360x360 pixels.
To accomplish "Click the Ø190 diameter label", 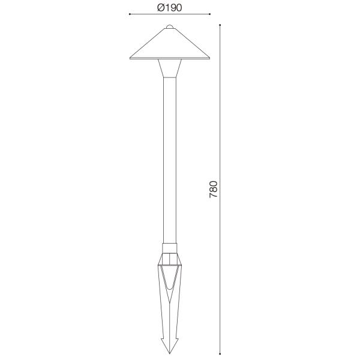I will click(x=169, y=7).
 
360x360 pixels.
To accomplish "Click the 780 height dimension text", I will click(x=214, y=190).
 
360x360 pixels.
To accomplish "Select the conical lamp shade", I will click(x=170, y=44).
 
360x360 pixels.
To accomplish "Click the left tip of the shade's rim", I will click(x=130, y=58).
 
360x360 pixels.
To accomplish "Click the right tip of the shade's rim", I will click(x=209, y=58).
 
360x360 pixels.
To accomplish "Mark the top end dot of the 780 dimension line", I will click(x=221, y=25).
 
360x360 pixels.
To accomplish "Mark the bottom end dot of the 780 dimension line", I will click(x=221, y=354).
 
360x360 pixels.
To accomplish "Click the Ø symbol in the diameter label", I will click(x=160, y=7).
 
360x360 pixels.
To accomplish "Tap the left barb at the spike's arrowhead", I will click(x=163, y=341).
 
